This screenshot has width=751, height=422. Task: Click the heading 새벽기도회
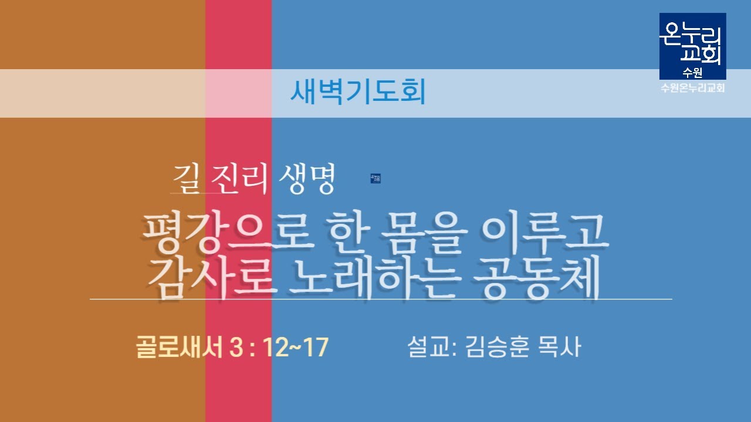(358, 91)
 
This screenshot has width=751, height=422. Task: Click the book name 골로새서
(179, 347)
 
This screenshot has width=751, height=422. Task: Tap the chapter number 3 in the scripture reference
(236, 348)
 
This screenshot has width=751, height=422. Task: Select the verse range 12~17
(296, 348)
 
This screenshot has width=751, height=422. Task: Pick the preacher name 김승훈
(498, 347)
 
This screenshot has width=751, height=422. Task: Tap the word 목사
(559, 347)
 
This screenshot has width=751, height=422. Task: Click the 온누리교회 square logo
(693, 46)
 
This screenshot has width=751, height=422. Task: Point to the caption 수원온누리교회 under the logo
(693, 88)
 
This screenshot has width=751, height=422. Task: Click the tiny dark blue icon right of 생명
(375, 179)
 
